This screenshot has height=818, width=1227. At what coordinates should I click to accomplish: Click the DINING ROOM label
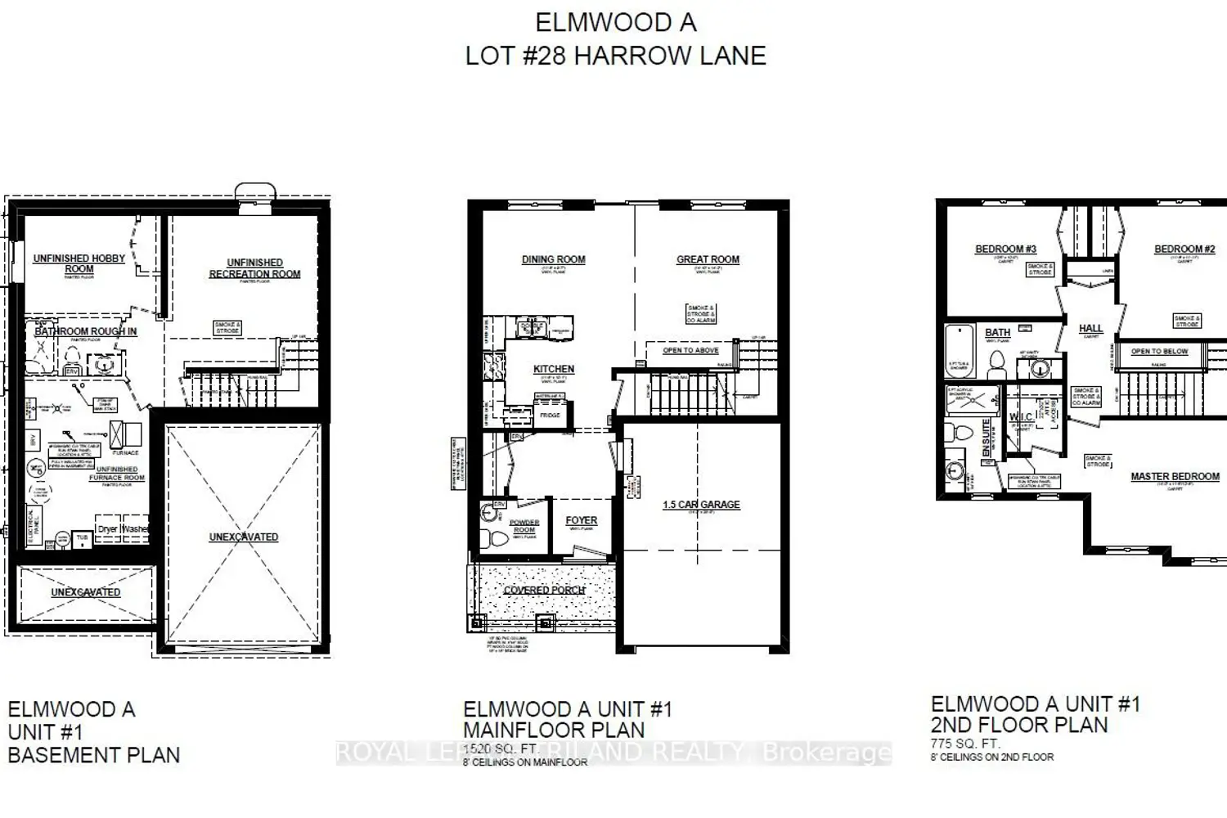coord(554,259)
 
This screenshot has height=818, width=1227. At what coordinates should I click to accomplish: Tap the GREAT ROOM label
coord(708,259)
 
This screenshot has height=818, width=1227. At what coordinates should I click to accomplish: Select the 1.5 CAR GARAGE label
coord(701,505)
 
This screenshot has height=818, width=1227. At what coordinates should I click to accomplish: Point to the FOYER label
coord(581,520)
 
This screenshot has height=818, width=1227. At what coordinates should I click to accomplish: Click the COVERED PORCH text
coord(545,590)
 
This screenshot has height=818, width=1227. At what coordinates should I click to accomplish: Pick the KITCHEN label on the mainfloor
coord(554,369)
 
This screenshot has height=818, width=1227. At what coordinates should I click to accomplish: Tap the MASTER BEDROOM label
coord(1175,476)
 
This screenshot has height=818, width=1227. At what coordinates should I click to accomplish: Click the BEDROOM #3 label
coord(1005,249)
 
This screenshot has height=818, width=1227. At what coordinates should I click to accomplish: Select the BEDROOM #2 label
coord(1184,249)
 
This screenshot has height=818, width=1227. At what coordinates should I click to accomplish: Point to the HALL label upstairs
coord(1090,328)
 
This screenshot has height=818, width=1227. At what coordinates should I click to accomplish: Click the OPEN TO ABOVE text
coord(690,350)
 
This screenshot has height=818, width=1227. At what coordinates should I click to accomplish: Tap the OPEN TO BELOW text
coord(1159,351)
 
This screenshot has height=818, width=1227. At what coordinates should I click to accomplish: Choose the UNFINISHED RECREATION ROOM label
coord(254,268)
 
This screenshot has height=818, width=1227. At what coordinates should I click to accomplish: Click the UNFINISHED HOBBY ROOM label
coord(79,263)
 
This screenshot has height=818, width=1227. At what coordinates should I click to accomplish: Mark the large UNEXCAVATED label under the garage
coord(244,537)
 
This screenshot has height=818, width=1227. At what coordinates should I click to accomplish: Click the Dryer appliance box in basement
coord(107,529)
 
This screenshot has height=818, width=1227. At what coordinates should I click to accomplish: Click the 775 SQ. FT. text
coord(965,744)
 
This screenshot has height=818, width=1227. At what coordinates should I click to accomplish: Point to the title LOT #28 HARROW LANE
coord(615,56)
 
